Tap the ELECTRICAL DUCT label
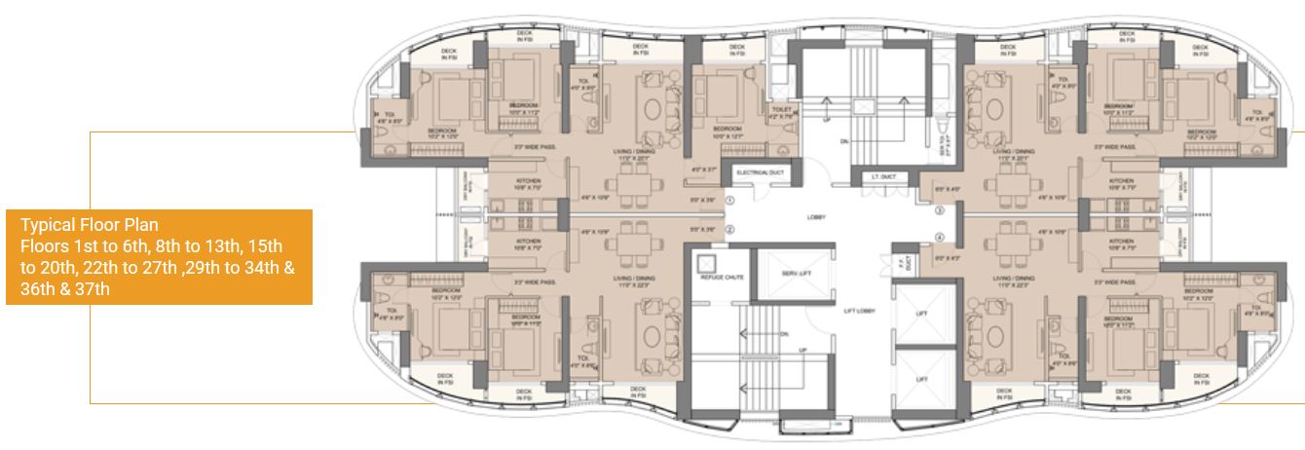point(760,172)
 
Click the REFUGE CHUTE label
point(722,278)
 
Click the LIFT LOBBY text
point(856,312)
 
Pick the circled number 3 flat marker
point(940,210)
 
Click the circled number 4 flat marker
point(940,238)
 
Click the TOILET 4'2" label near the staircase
point(782,115)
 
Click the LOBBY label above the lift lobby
point(816,217)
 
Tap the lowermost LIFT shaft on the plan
point(922,379)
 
